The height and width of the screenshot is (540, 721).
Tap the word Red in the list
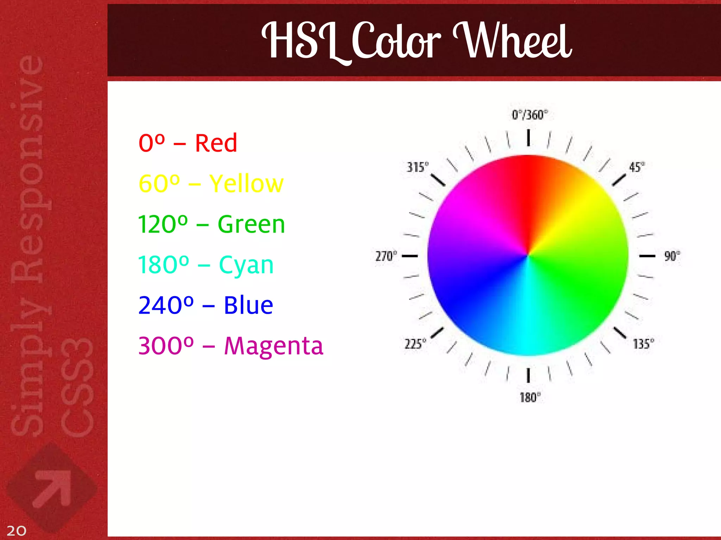tap(216, 143)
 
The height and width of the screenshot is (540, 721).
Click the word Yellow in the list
tap(246, 184)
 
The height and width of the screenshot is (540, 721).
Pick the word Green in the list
tap(251, 224)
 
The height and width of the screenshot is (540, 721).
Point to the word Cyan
tap(246, 265)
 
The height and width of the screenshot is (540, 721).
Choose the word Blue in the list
tap(248, 305)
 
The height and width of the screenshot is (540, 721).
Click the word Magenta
tap(274, 346)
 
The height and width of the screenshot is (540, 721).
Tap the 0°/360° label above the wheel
tap(529, 115)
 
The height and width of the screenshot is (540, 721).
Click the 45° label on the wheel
tap(637, 167)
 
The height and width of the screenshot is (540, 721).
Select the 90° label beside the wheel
tap(672, 256)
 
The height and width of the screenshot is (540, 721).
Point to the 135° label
tap(643, 344)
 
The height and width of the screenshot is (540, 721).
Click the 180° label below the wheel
tap(530, 397)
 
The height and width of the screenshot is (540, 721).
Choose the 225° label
tap(415, 344)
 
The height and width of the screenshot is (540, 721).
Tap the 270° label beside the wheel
tap(386, 256)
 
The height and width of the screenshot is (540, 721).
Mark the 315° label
tap(418, 167)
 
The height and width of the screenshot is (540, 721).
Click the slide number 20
tap(16, 530)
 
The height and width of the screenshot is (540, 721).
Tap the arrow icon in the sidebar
tap(52, 488)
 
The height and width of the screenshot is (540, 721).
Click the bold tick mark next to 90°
tap(647, 256)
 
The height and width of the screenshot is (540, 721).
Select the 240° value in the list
tap(166, 305)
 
